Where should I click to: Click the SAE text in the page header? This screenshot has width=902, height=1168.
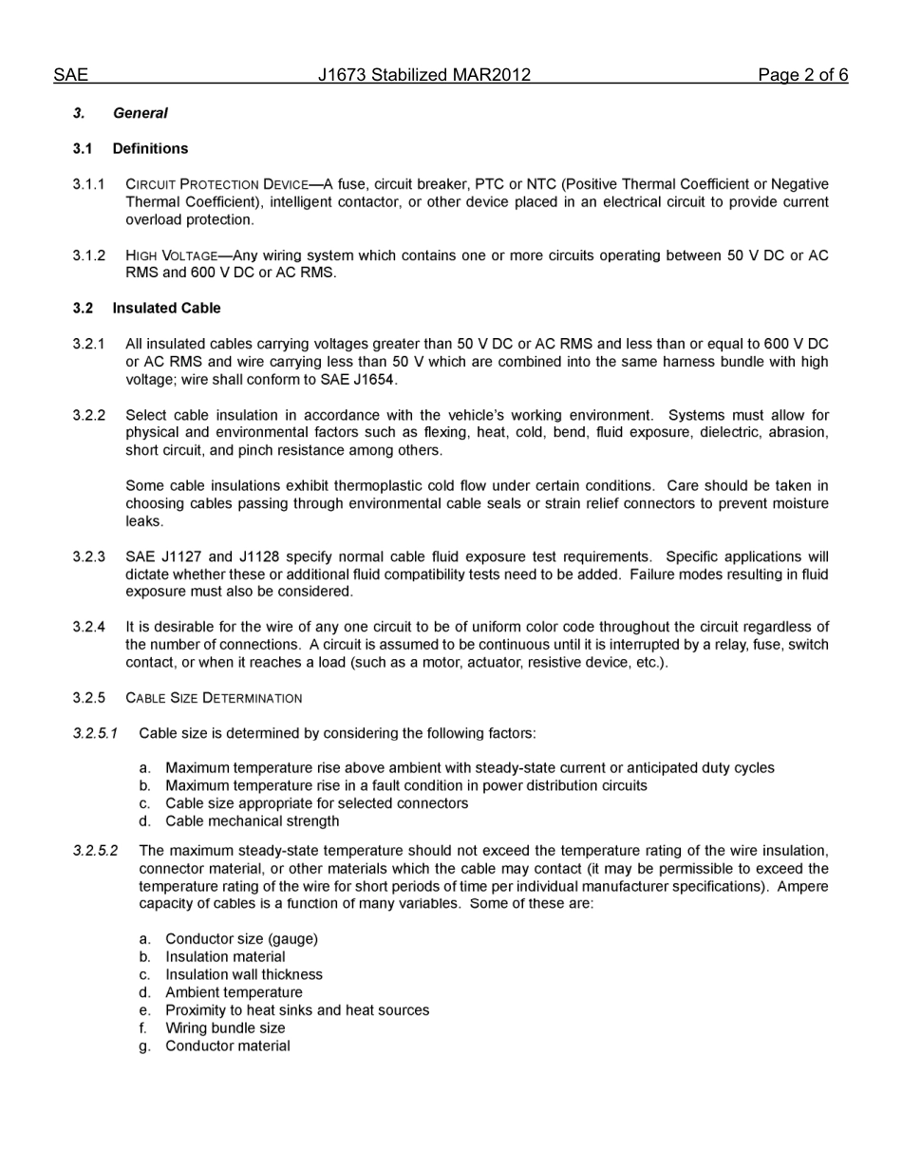(70, 75)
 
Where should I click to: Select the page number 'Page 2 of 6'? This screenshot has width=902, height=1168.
(802, 75)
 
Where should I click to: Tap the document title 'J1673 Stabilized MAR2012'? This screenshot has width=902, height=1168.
(424, 75)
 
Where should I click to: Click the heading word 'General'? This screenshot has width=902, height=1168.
(140, 113)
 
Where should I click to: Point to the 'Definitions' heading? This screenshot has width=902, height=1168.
(150, 148)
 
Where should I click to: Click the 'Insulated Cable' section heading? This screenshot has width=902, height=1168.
(166, 308)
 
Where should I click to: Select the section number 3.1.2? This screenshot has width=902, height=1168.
(89, 255)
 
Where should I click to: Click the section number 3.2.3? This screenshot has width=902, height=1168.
(89, 556)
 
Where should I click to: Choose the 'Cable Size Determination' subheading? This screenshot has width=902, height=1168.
(214, 698)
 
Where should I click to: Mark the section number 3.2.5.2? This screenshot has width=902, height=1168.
(95, 851)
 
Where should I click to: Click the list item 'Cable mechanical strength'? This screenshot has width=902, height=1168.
(252, 821)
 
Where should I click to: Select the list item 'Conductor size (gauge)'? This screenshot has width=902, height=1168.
(241, 939)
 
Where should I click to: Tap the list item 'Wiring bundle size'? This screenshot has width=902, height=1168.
(225, 1028)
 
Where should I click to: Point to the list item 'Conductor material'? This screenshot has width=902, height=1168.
(228, 1046)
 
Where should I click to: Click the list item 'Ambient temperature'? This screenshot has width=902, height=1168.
(234, 992)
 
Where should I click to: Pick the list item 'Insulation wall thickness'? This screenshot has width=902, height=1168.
(244, 974)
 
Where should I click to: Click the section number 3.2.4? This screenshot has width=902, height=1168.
(89, 627)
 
